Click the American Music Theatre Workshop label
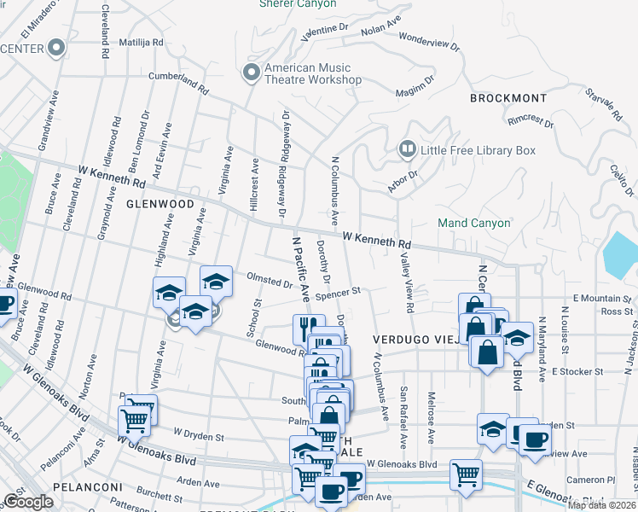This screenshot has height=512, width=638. pyautogui.click(x=313, y=73)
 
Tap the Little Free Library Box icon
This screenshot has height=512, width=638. pyautogui.click(x=408, y=150)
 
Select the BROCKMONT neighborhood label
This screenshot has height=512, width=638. pyautogui.click(x=507, y=98)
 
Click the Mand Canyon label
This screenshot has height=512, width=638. pyautogui.click(x=474, y=223)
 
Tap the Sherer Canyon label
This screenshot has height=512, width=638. pyautogui.click(x=298, y=4)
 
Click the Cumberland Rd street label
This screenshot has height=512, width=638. pyautogui.click(x=178, y=82)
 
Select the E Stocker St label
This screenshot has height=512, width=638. pyautogui.click(x=577, y=372)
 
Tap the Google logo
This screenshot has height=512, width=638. pyautogui.click(x=28, y=502)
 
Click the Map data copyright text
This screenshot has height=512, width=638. pyautogui.click(x=602, y=505)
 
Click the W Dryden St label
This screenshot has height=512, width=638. pyautogui.click(x=198, y=436)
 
